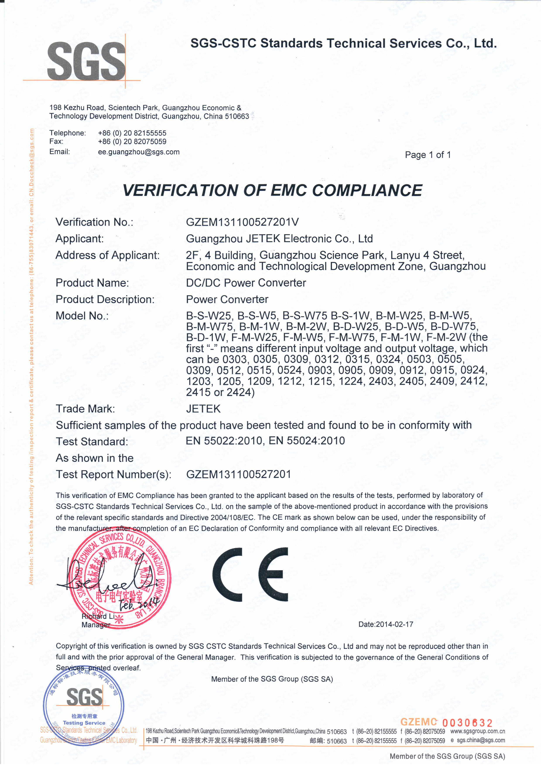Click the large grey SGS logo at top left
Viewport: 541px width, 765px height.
[86, 61]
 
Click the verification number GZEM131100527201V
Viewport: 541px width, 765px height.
[242, 222]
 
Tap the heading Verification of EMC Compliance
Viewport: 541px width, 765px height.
[272, 191]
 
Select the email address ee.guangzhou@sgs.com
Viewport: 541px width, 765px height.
[139, 152]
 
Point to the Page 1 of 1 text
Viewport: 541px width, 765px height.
[428, 155]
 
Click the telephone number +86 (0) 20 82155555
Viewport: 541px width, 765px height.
[132, 133]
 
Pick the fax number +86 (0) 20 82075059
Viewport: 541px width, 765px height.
[132, 141]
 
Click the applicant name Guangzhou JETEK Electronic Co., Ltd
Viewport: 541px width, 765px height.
[279, 239]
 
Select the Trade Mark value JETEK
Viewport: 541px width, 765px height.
[203, 409]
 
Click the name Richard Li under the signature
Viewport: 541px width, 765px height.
[98, 616]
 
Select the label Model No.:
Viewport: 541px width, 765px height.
[82, 316]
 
